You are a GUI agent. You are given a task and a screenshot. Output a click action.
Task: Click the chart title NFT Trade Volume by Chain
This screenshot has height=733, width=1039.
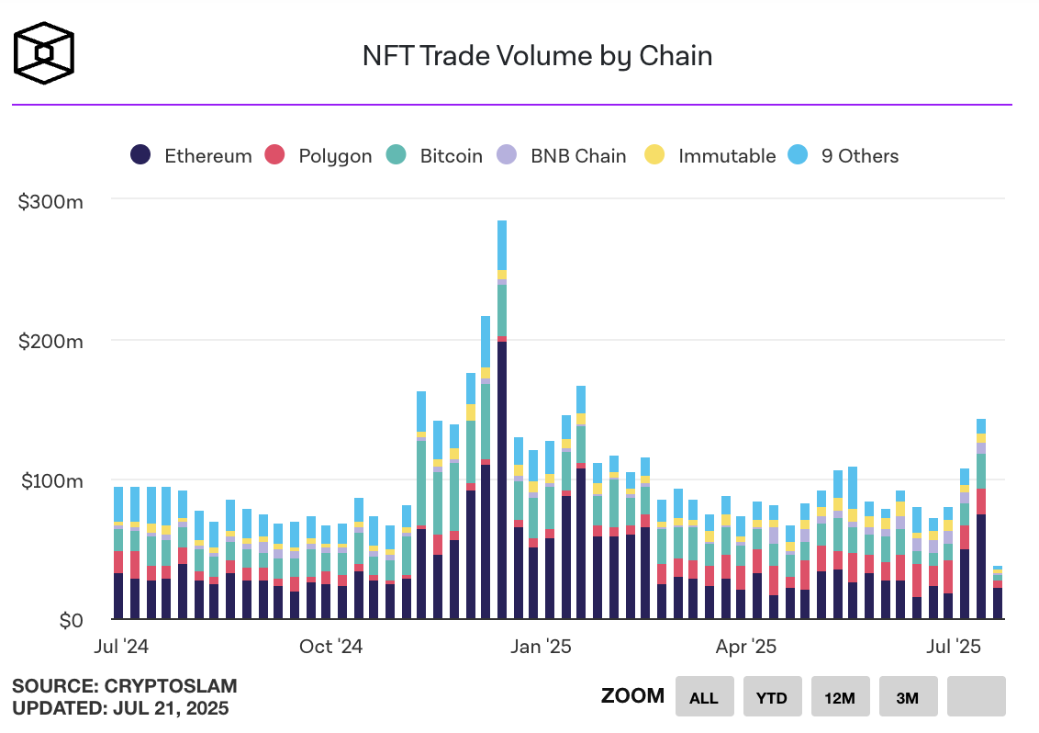537,56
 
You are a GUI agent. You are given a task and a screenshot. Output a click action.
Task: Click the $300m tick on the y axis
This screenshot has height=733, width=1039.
51,201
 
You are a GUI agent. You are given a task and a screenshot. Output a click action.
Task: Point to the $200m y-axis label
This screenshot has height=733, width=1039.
51,342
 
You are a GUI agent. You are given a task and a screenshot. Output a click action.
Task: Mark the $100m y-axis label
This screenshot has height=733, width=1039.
51,481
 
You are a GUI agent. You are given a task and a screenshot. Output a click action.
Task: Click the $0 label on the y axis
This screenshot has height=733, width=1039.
69,622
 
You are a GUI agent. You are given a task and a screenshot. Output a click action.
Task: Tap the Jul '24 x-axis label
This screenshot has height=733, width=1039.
121,647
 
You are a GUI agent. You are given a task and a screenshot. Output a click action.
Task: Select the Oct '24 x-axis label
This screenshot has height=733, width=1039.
331,647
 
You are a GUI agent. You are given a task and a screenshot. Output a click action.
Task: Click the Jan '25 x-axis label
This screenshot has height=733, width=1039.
542,647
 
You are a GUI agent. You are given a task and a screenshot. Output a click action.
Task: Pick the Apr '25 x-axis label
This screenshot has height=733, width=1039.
746,647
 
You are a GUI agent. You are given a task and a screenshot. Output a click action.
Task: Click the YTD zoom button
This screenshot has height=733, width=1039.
772,697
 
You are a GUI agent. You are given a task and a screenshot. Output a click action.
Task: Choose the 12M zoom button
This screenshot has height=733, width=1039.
840,697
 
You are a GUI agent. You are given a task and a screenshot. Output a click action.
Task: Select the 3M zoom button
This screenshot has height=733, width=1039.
908,697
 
